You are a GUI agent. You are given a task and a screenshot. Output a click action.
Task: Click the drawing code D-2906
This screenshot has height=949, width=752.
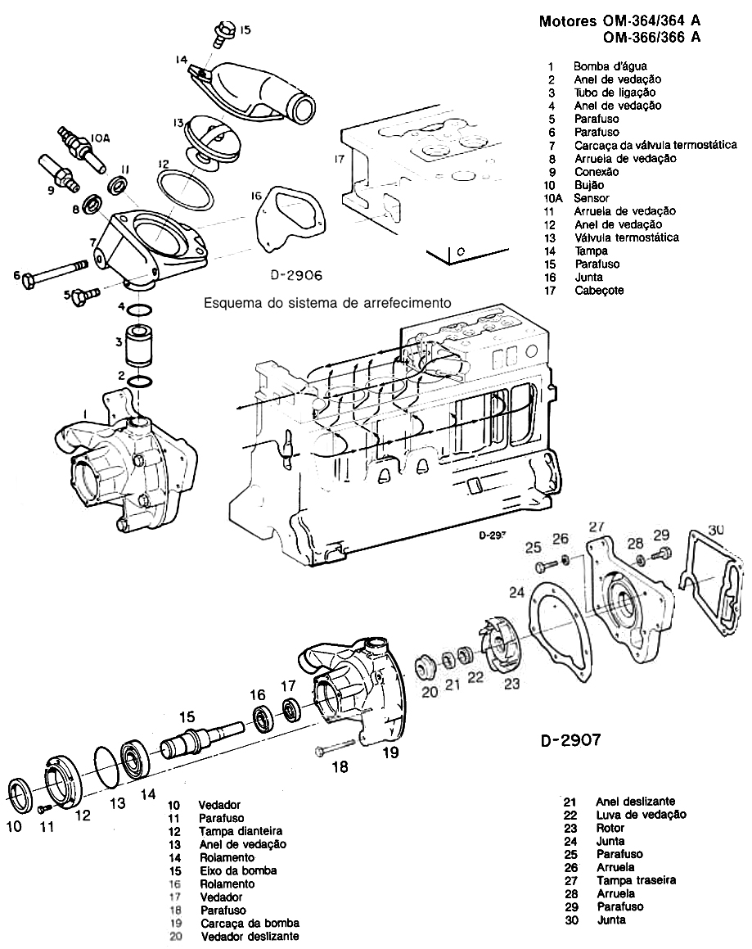point(296,276)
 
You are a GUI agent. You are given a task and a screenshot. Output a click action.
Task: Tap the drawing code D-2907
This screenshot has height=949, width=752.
point(571,741)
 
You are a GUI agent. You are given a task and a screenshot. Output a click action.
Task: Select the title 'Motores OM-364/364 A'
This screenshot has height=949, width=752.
point(620,22)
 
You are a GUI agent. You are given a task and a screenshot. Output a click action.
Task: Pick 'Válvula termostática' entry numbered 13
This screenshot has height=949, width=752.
point(626,237)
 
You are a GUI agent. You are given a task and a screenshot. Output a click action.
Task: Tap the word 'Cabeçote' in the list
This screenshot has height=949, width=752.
point(599,290)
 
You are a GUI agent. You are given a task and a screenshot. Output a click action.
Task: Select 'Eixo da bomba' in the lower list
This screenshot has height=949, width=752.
point(238,870)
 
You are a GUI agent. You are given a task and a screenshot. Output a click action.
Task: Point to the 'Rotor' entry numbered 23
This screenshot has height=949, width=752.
point(610,828)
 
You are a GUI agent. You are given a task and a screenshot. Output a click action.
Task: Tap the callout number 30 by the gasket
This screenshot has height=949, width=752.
point(716,530)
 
